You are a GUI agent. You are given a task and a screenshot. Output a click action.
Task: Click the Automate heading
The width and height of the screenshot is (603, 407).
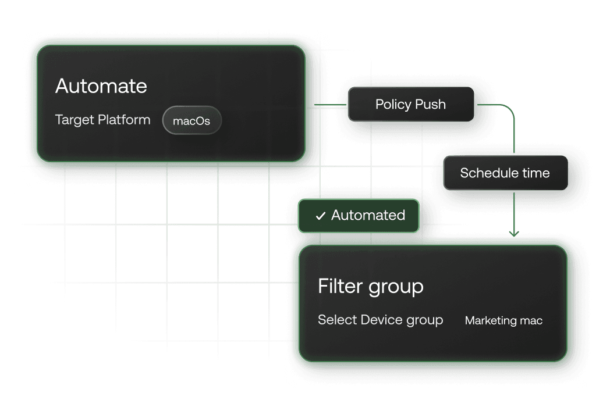pos(101,87)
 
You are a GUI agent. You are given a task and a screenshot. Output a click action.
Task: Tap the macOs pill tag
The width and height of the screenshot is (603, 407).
pos(191,122)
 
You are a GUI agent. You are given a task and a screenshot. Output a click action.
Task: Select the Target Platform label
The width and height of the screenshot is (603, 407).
pos(102,120)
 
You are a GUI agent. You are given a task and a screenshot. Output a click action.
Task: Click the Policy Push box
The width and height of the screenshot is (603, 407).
pos(410,105)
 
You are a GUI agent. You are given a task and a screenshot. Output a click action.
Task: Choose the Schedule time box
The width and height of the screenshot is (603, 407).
pos(505,173)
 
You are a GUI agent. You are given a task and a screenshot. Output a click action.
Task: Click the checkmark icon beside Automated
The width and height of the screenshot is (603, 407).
pos(320,216)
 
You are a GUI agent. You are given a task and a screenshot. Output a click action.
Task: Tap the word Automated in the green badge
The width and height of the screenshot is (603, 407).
pos(368,216)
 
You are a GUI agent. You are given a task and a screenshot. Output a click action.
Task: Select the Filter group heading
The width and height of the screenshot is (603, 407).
pos(370,287)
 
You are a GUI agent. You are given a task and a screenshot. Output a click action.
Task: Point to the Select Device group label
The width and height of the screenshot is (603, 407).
pos(380,320)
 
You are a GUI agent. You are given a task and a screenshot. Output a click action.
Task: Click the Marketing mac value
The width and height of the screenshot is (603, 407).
pos(503,321)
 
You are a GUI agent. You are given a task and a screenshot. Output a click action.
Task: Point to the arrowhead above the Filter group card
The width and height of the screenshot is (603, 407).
pos(514,234)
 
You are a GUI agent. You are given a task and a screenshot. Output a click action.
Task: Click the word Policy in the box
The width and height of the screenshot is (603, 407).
pos(393,105)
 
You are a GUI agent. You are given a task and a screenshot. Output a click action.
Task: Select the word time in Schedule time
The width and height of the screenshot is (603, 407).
pos(535,173)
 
